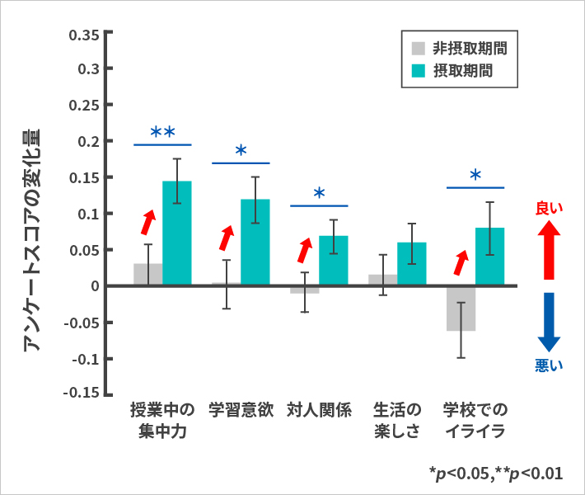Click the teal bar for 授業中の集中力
click(177, 233)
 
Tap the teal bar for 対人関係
click(334, 261)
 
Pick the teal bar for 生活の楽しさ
click(411, 264)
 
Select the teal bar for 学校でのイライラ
click(490, 257)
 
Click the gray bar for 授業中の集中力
click(148, 275)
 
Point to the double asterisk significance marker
click(162, 132)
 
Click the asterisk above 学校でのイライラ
click(475, 176)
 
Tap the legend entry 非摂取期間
click(457, 47)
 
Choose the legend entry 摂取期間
click(452, 70)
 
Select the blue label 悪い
click(549, 365)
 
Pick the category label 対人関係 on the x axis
click(320, 410)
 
